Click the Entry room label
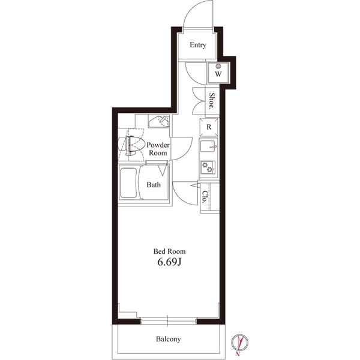tap(198, 45)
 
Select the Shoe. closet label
tap(212, 99)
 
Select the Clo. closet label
tap(205, 197)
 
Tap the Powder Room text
tap(158, 149)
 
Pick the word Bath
tap(154, 185)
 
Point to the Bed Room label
tap(169, 251)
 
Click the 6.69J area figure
tap(169, 263)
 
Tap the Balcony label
tap(169, 339)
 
